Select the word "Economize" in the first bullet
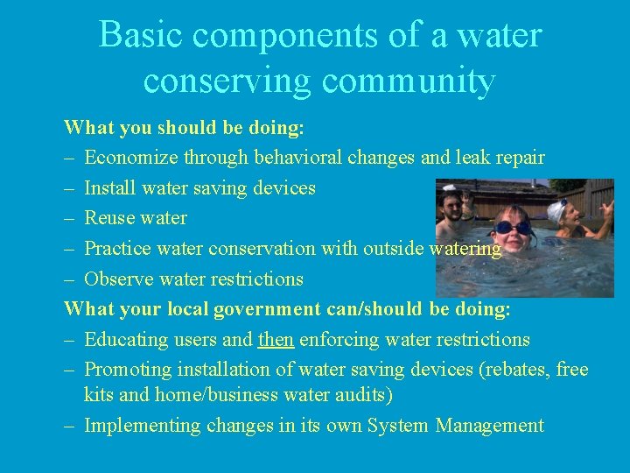pos(129,159)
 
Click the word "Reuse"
pos(108,218)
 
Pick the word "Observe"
pos(118,279)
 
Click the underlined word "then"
pos(276,340)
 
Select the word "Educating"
pos(125,340)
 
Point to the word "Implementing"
pos(143,427)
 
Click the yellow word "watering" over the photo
pos(465,249)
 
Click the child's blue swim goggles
pos(511,227)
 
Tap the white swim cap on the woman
pos(557,210)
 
